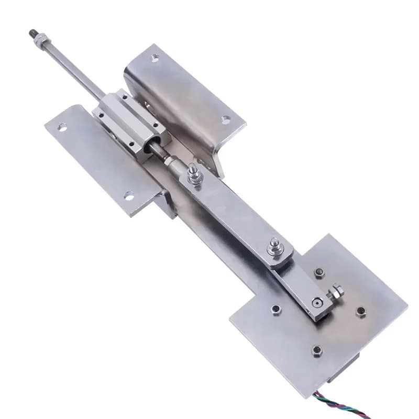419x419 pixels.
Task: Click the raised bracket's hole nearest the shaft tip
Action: point(154,58)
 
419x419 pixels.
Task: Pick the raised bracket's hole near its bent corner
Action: point(226,119)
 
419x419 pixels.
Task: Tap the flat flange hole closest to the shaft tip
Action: point(62,126)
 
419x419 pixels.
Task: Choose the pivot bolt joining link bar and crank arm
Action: point(274,246)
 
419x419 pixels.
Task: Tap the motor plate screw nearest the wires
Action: point(316,349)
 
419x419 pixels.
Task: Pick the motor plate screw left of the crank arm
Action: point(275,310)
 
